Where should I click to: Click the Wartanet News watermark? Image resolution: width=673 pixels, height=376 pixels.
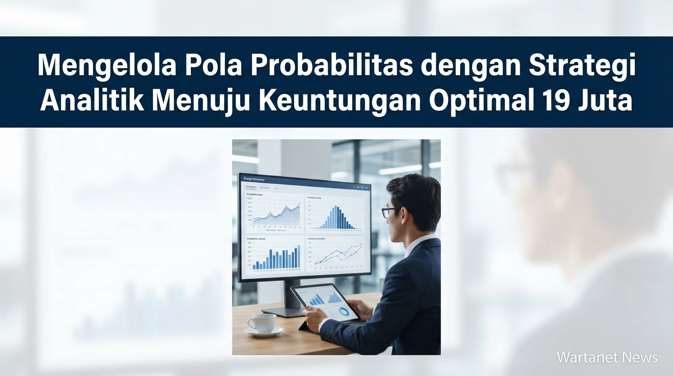607,357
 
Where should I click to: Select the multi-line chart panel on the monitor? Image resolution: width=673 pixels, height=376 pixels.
336,255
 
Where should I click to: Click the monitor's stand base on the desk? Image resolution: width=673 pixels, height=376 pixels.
285,312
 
